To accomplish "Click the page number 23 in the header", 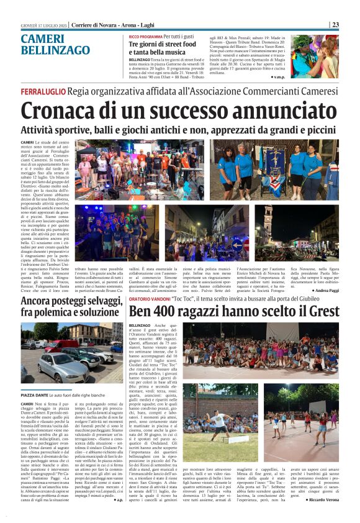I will [335, 25].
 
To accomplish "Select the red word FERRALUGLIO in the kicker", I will [43, 91].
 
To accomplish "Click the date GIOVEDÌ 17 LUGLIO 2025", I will [44, 25].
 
